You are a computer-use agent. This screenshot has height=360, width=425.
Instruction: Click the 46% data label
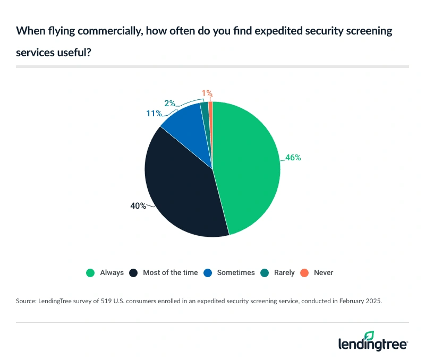click(x=293, y=158)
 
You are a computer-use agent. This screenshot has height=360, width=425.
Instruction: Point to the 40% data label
click(x=138, y=205)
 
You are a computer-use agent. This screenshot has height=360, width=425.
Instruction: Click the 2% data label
click(x=170, y=103)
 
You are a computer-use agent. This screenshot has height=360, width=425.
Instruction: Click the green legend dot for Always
click(x=90, y=273)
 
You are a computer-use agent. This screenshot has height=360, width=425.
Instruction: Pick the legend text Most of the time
click(x=170, y=273)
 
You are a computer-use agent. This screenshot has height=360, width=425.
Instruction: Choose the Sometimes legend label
click(x=236, y=273)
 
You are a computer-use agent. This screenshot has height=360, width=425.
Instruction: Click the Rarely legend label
click(x=284, y=273)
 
